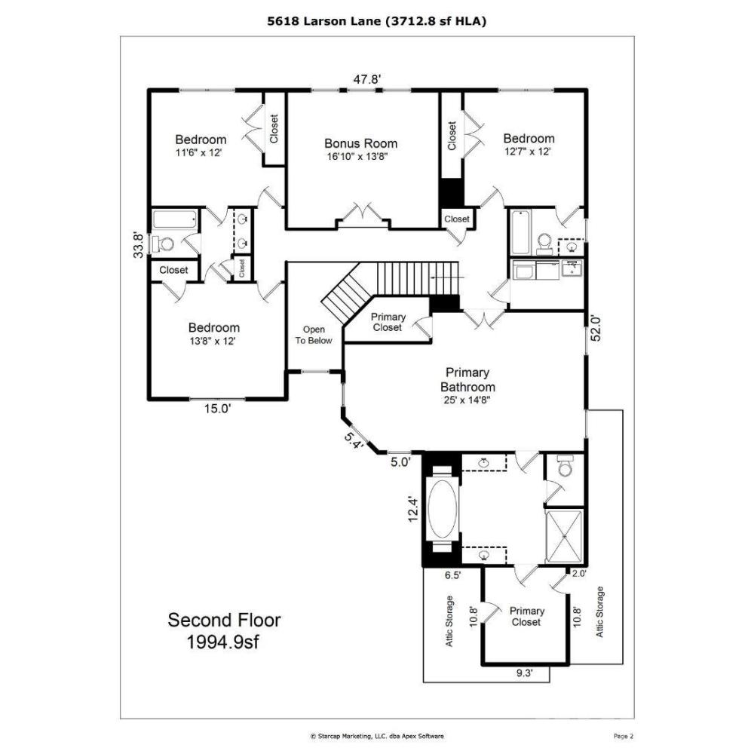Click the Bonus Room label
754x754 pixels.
point(360,143)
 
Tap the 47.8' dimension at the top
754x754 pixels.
point(367,79)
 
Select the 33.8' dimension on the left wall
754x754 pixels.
point(139,245)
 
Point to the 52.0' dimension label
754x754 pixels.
point(596,328)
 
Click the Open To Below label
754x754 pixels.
point(314,336)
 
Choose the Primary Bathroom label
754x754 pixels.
point(467,380)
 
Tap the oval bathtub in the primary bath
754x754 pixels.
point(443,510)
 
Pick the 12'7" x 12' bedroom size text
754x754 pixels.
point(528,152)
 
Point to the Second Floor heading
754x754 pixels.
point(224,620)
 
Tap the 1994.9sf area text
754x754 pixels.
point(222,642)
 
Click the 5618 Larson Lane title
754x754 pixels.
point(324,21)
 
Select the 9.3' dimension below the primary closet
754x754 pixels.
point(525,673)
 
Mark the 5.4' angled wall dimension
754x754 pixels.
point(353,440)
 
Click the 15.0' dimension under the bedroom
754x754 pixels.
point(218,409)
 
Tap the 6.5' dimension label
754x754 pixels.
point(453,575)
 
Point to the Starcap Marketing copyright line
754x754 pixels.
point(377,736)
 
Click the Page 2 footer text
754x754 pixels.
point(624,736)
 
